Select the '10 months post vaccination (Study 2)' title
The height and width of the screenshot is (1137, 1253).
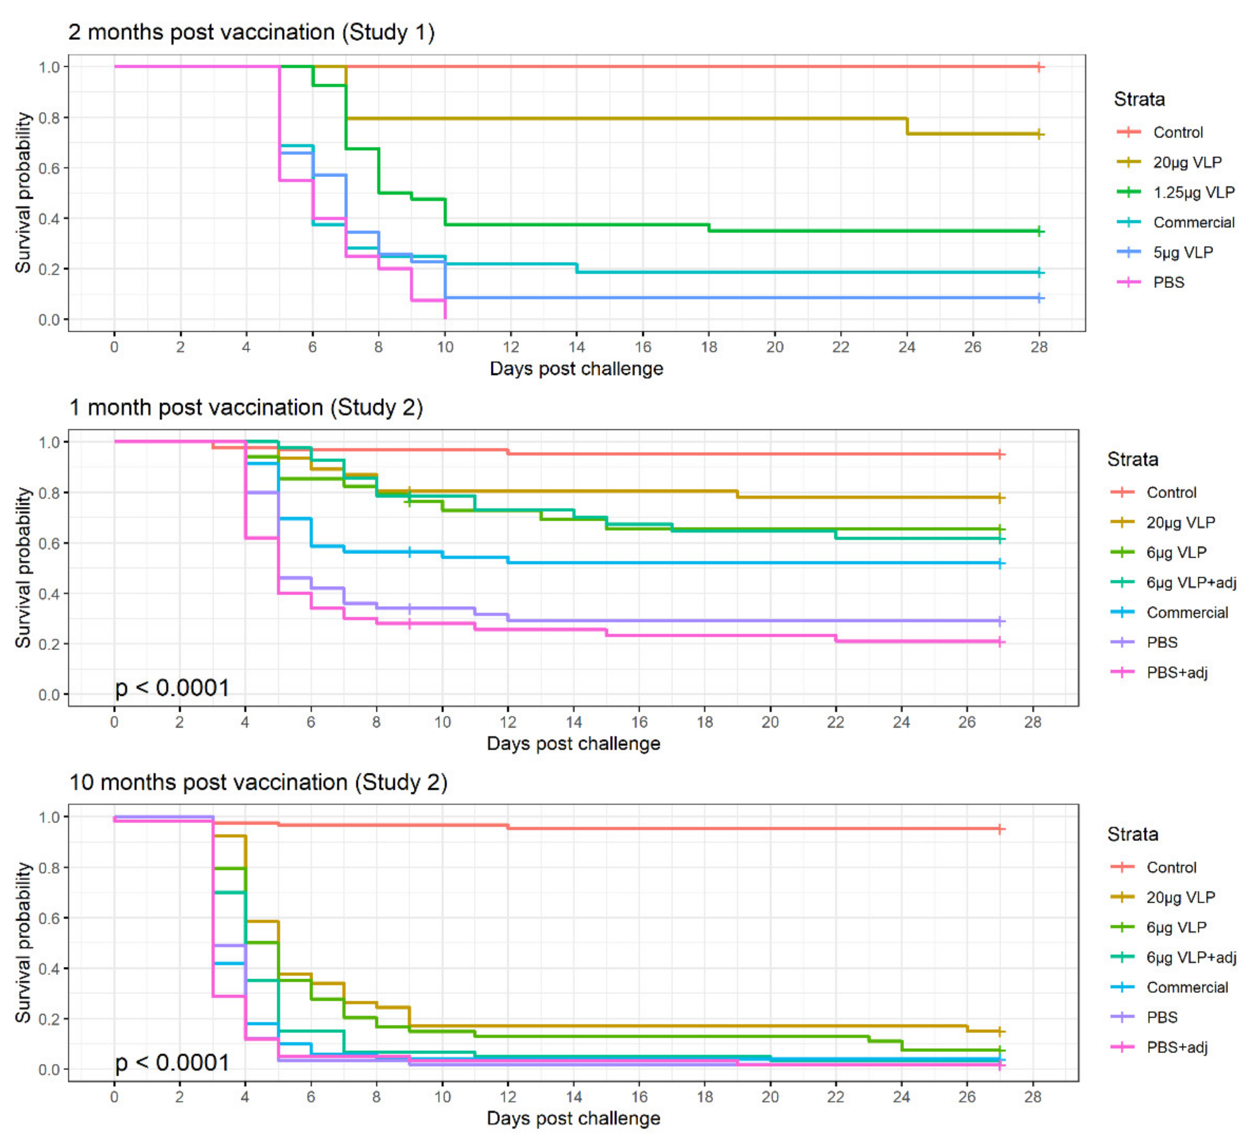click(258, 782)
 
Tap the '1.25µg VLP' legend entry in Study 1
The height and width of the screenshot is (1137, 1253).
click(1193, 192)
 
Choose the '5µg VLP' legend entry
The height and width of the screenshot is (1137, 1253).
click(1183, 253)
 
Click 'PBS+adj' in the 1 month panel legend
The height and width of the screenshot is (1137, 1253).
click(1176, 672)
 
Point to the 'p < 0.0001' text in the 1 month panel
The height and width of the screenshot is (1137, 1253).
click(172, 688)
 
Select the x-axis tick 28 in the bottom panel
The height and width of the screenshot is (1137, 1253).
click(1032, 1097)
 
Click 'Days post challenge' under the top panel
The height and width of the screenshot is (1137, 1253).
click(576, 369)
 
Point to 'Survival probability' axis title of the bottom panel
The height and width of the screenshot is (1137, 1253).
click(23, 942)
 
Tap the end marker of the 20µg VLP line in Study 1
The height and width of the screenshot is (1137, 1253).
click(1039, 134)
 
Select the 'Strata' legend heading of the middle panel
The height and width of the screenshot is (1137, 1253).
click(1132, 459)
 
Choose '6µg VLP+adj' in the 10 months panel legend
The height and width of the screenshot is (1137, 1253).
click(1191, 957)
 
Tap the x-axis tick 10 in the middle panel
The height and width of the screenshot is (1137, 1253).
click(442, 722)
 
